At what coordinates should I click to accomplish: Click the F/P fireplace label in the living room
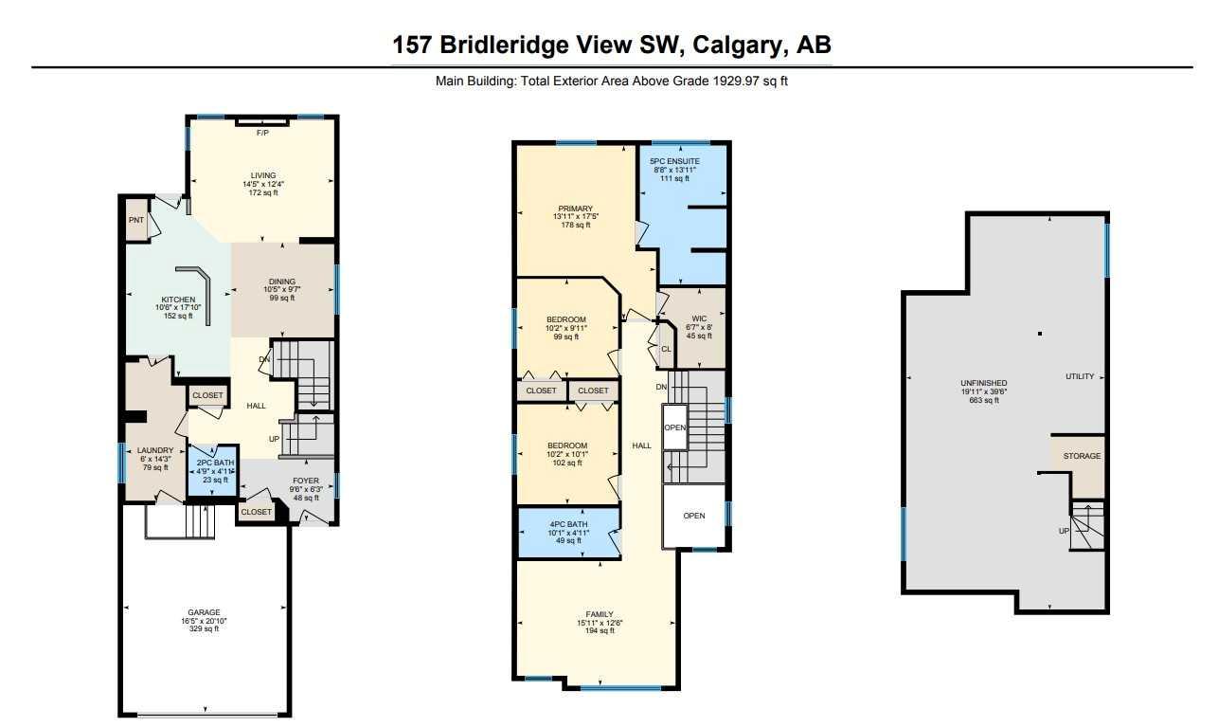tap(262, 133)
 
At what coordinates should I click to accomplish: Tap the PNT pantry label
tap(136, 220)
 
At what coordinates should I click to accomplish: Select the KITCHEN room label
tap(178, 300)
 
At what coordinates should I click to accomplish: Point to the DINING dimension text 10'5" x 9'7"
tap(282, 289)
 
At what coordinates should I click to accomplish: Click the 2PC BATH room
tap(213, 471)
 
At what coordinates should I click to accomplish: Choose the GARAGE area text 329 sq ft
tap(204, 629)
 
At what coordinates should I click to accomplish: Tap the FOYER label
tap(306, 481)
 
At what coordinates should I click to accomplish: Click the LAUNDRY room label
tap(155, 450)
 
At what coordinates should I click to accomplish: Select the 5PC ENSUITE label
tap(674, 162)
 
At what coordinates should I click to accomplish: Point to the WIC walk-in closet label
tap(699, 318)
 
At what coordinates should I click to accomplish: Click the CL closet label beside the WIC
tap(666, 349)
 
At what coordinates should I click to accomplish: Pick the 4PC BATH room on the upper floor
tap(569, 533)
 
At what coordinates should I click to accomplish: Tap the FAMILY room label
tap(600, 614)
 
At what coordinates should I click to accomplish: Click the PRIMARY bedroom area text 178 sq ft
tap(575, 225)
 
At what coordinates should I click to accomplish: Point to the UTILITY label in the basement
tap(1080, 376)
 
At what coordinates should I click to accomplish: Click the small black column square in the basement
tap(1040, 334)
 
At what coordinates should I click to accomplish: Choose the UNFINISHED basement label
tap(984, 383)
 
